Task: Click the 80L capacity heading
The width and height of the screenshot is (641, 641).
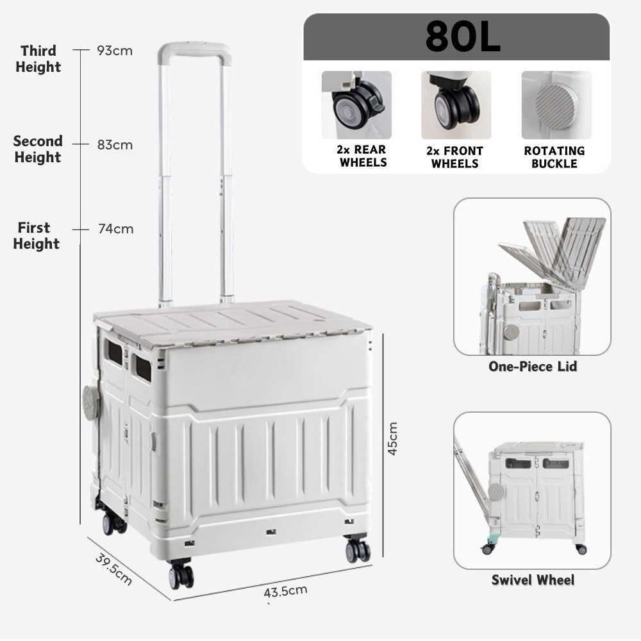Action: pos(462,38)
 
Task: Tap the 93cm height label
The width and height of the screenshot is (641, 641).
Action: pos(115,51)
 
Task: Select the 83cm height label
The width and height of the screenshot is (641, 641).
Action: pos(115,145)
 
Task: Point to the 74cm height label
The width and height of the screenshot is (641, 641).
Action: pos(115,229)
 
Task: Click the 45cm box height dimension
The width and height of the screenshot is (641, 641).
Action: pos(392,438)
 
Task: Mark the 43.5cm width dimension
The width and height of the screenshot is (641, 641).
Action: pos(285,590)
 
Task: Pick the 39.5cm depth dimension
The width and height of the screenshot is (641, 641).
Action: pos(114,569)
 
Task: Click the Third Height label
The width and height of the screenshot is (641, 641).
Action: pos(38,58)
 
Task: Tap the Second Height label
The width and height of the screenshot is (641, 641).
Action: pos(38,149)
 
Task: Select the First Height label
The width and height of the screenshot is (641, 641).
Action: pos(36,235)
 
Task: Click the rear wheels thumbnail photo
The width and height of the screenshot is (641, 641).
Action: pos(356,105)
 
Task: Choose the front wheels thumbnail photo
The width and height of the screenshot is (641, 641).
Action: pos(456,105)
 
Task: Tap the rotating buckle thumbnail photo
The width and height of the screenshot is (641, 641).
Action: pos(556,105)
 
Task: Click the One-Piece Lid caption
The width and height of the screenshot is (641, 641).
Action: pos(533,367)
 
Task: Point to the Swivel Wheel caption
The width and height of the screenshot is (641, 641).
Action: pos(533,580)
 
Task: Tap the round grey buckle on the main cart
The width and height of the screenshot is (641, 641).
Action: pos(91,403)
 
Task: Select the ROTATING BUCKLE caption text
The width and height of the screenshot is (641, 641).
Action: pos(554,157)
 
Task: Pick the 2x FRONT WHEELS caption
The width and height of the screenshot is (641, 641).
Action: pos(455,157)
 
